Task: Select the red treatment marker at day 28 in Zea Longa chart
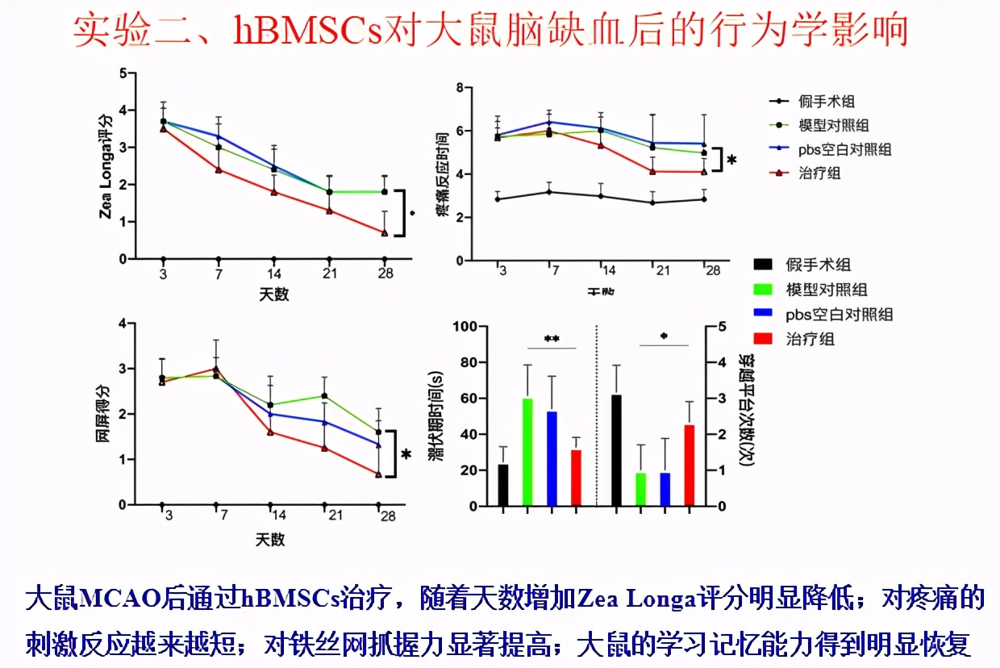(385, 232)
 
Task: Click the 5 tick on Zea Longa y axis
(123, 73)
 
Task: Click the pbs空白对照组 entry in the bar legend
(840, 314)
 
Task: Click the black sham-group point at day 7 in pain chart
(549, 192)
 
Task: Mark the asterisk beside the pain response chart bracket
(731, 161)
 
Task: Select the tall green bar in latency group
(527, 452)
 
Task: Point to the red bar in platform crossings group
(690, 465)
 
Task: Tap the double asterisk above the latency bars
(552, 340)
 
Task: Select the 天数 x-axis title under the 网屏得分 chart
(271, 539)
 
